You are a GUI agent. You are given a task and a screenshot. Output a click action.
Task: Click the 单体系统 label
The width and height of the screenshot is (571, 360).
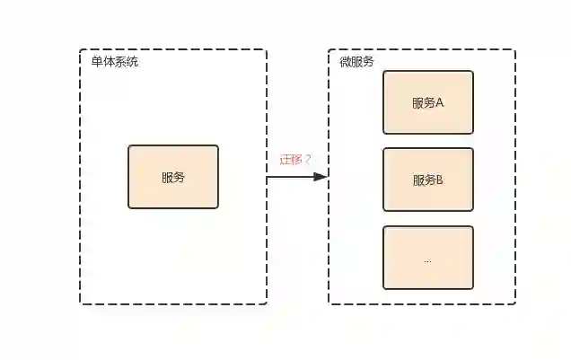(x=115, y=62)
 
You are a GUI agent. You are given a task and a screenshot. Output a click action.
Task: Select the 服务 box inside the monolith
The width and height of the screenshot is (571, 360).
(x=173, y=177)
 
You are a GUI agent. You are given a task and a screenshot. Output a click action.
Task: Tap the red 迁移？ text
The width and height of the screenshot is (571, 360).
(x=295, y=160)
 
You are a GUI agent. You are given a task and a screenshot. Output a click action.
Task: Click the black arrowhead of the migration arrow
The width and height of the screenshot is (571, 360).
(x=321, y=177)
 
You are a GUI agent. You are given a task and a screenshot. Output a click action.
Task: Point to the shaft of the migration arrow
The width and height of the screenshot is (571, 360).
(x=289, y=177)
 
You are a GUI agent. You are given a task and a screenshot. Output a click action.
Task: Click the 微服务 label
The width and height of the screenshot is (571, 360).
(x=356, y=62)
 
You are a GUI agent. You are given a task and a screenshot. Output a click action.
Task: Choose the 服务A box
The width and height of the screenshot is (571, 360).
(x=428, y=102)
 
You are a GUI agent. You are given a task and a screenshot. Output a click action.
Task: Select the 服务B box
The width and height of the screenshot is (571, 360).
(x=428, y=180)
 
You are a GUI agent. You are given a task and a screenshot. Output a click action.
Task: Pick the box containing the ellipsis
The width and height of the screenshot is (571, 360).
(x=428, y=258)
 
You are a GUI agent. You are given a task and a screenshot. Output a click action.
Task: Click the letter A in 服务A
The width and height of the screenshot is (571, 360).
(x=441, y=102)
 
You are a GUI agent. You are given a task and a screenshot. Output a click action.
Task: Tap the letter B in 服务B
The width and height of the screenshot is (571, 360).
(x=441, y=180)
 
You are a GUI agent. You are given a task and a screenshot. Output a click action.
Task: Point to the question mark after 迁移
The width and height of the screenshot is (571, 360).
(x=308, y=160)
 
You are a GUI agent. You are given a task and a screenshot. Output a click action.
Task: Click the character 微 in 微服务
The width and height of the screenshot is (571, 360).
(x=345, y=62)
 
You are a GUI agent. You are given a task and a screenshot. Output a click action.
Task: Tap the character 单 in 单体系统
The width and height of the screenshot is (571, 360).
(x=97, y=62)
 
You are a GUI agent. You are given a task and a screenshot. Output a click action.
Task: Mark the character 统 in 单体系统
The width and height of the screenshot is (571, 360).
(x=133, y=62)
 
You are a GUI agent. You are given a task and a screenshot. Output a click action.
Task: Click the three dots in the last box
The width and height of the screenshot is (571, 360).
(x=427, y=260)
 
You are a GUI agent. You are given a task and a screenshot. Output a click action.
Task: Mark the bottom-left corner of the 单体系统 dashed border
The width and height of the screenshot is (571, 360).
(x=81, y=303)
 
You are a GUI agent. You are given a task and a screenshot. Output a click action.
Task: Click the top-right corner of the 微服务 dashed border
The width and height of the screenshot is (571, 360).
(x=514, y=50)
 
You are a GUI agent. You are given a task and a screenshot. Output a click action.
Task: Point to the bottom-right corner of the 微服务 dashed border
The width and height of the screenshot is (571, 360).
(x=514, y=303)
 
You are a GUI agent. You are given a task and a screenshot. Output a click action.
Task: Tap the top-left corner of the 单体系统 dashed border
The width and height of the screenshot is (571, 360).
(x=81, y=50)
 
